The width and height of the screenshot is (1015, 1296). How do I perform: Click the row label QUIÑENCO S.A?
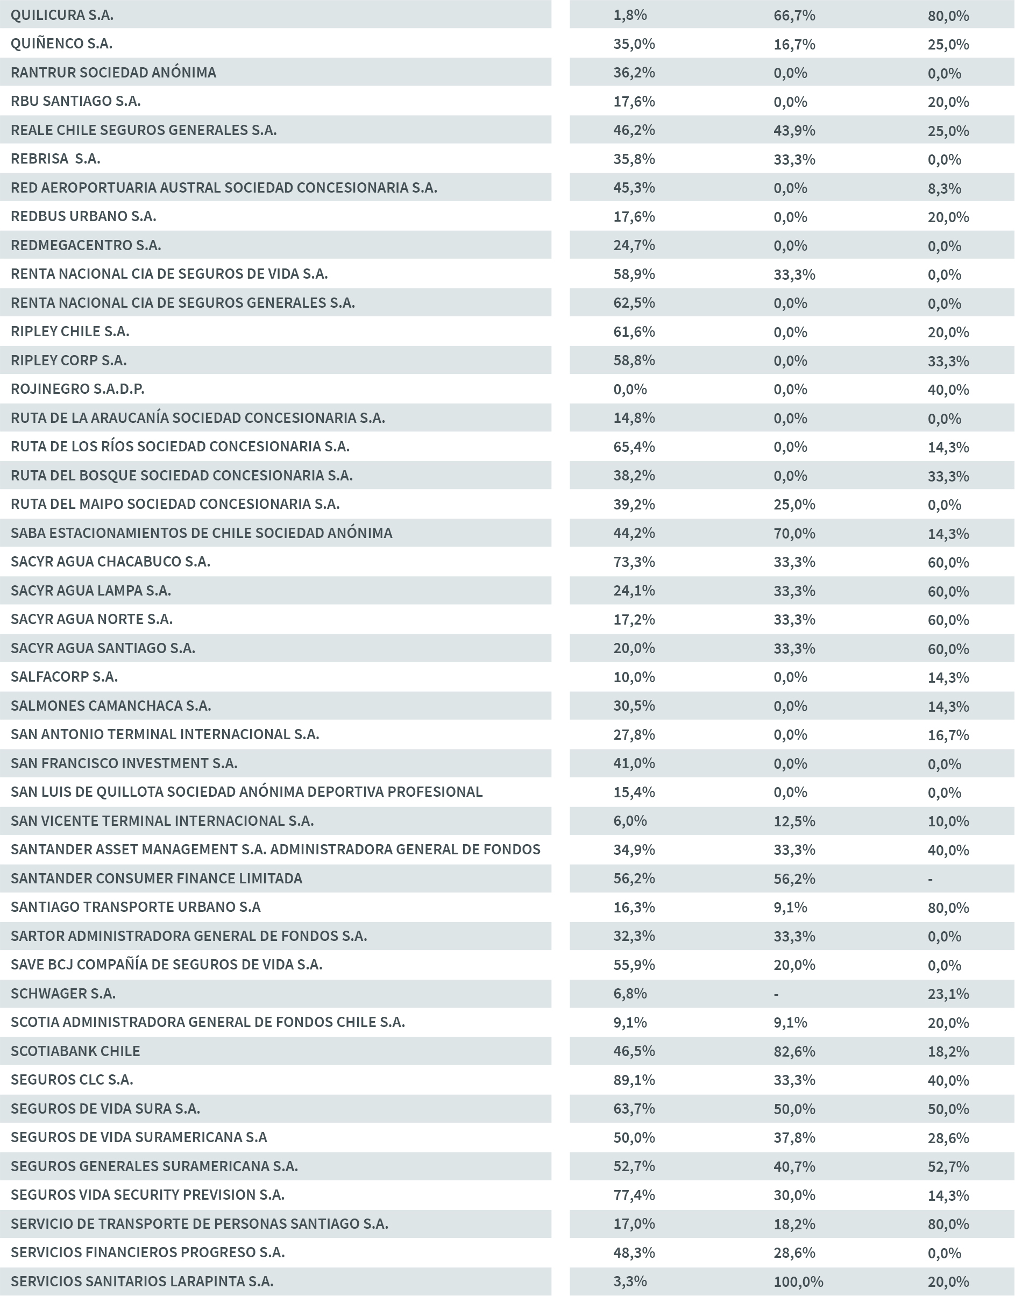(x=61, y=44)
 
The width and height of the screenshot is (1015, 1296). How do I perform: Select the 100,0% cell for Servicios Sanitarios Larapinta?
(x=798, y=1281)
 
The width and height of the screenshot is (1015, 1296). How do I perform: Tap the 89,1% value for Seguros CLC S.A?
(x=634, y=1080)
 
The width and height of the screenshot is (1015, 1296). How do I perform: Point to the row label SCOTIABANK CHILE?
(x=75, y=1051)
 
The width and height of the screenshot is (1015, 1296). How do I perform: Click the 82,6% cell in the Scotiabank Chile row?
(x=794, y=1051)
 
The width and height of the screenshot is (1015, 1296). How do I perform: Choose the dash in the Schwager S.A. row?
(x=776, y=994)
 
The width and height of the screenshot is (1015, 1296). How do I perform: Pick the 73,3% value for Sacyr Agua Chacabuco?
(x=634, y=562)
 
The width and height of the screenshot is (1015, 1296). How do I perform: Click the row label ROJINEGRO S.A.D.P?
(x=77, y=388)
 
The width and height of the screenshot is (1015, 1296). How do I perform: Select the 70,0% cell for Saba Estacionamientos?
(x=794, y=533)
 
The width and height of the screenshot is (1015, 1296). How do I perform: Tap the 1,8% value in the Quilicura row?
(x=630, y=15)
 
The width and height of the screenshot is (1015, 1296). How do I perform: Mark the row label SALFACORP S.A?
(x=64, y=676)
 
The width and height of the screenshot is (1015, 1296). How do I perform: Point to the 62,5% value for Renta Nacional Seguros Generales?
(x=634, y=302)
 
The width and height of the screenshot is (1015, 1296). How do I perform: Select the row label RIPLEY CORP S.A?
(x=68, y=360)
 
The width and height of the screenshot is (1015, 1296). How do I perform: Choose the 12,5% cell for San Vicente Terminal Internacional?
(x=794, y=820)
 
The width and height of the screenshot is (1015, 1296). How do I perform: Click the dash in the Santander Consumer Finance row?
(x=930, y=879)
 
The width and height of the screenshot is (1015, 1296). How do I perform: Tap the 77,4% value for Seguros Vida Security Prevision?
(x=634, y=1195)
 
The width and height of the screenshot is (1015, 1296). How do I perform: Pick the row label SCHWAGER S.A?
(x=63, y=993)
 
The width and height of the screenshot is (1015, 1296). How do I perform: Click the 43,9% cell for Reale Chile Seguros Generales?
(x=794, y=130)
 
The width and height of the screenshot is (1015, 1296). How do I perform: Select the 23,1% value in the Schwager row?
(x=948, y=994)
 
